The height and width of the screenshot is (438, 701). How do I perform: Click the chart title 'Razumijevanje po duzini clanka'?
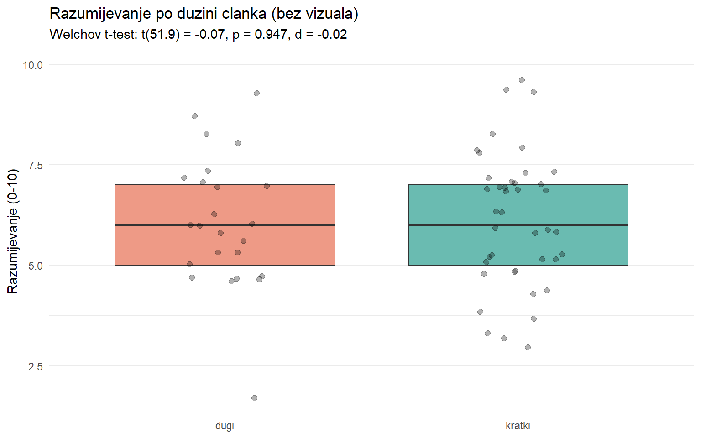204,14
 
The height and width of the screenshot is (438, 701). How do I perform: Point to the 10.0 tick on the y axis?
33,65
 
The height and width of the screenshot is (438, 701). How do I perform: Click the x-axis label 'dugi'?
225,426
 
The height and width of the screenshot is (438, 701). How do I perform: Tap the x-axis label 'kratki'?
518,426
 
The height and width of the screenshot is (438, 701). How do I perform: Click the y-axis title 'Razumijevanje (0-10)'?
13,231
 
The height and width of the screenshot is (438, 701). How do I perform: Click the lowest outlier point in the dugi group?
254,398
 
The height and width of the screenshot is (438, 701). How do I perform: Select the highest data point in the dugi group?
256,93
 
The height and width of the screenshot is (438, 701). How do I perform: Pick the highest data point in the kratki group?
522,80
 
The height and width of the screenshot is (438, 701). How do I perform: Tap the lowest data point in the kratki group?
528,347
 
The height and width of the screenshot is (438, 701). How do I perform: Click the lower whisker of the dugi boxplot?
225,328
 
